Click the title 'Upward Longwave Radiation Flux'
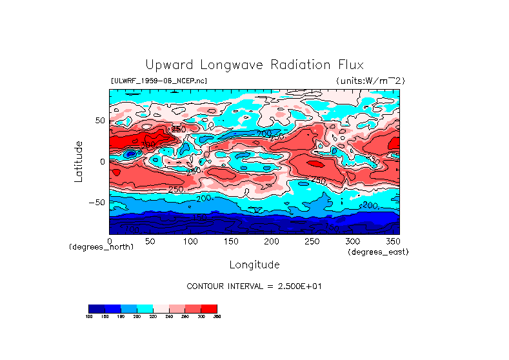(x=254, y=65)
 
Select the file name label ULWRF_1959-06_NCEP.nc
(x=159, y=81)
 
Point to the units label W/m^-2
(x=370, y=81)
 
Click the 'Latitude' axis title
(x=78, y=161)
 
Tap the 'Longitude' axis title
(x=254, y=265)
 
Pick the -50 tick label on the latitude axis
(x=96, y=203)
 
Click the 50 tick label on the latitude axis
(x=99, y=121)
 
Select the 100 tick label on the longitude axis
(x=190, y=241)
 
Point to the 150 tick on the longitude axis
(x=231, y=241)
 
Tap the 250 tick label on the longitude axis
(x=312, y=241)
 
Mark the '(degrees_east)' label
(x=378, y=252)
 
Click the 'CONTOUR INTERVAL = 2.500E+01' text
(x=254, y=286)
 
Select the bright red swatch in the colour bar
(x=209, y=308)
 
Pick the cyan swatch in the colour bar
(x=145, y=308)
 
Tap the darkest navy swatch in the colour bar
(x=96, y=308)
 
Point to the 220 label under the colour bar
(x=153, y=317)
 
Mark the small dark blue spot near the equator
(x=131, y=154)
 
